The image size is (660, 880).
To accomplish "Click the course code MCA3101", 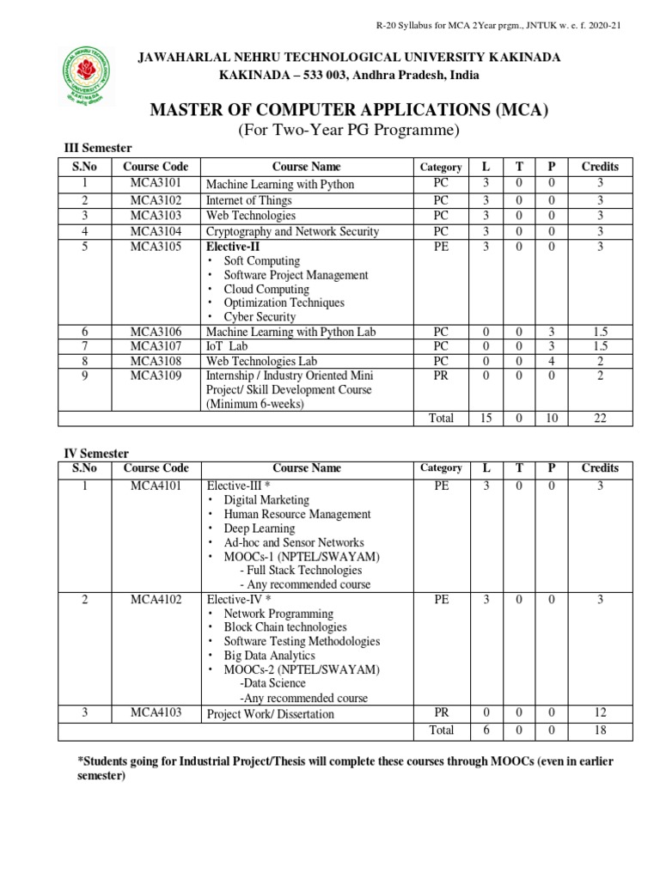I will pyautogui.click(x=156, y=183).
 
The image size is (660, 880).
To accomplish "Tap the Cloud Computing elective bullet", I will pyautogui.click(x=266, y=289).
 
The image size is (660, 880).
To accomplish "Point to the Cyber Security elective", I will pyautogui.click(x=260, y=316).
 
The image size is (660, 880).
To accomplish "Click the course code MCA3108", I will pyautogui.click(x=156, y=361).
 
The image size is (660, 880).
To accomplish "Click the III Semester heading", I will pyautogui.click(x=99, y=148).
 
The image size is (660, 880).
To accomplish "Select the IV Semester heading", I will pyautogui.click(x=97, y=453).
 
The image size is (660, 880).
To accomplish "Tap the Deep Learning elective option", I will pyautogui.click(x=259, y=529).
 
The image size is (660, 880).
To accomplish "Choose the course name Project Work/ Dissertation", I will pyautogui.click(x=270, y=713).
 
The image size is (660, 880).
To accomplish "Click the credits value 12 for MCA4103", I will pyautogui.click(x=600, y=712).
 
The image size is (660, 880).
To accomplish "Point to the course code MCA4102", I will pyautogui.click(x=156, y=599).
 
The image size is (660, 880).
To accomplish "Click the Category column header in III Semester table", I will pyautogui.click(x=441, y=167).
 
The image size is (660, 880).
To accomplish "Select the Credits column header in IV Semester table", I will pyautogui.click(x=600, y=467).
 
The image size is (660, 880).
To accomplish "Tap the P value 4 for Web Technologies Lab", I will pyautogui.click(x=552, y=361).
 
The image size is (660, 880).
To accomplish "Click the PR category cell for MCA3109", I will pyautogui.click(x=441, y=376).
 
